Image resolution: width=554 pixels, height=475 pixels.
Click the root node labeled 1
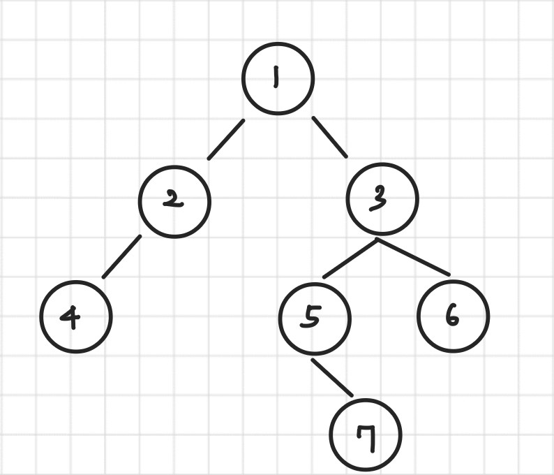click(x=278, y=78)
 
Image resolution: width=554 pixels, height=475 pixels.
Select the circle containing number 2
click(x=174, y=201)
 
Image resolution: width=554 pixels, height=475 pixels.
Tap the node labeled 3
click(x=382, y=199)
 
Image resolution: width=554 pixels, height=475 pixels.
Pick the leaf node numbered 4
click(x=75, y=316)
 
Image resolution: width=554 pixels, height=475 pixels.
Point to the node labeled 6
click(x=453, y=316)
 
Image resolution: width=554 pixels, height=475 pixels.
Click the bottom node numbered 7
click(x=366, y=434)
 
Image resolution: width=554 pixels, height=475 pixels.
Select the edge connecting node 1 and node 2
click(x=225, y=140)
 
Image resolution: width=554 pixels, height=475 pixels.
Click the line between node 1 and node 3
click(x=329, y=137)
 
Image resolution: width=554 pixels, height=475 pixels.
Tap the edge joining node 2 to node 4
click(x=121, y=257)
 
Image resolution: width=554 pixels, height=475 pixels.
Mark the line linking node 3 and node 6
click(x=413, y=257)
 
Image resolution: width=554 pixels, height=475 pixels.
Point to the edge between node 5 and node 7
click(x=332, y=378)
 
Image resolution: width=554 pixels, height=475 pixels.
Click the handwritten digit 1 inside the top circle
click(x=276, y=77)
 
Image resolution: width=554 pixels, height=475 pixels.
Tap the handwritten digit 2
click(x=172, y=200)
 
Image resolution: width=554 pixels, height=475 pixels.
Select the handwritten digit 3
click(x=380, y=199)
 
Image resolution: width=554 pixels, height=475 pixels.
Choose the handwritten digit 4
click(x=70, y=317)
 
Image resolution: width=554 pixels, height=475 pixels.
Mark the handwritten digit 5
click(x=311, y=316)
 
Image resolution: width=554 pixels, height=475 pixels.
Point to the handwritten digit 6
click(x=451, y=316)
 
